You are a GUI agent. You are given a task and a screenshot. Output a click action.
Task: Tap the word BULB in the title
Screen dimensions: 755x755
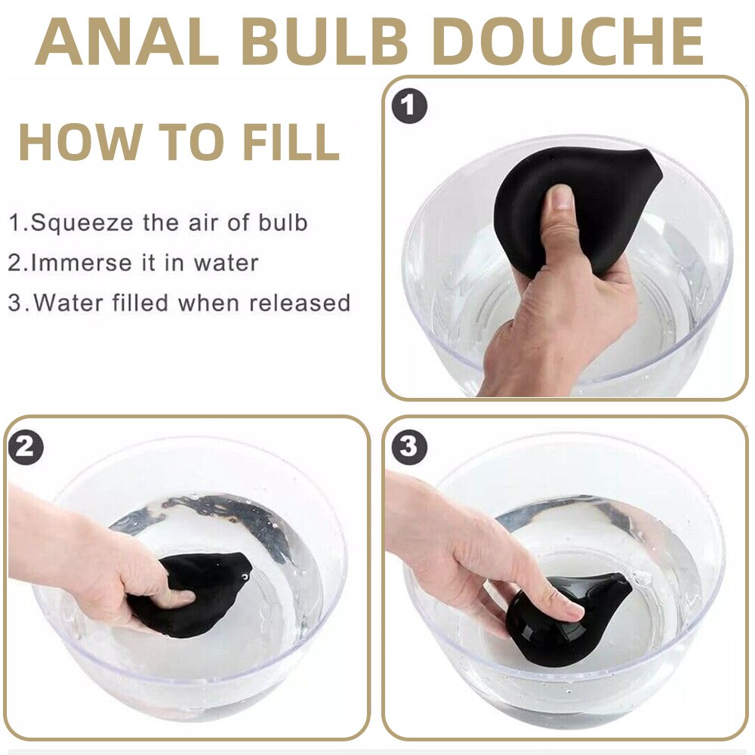pyautogui.click(x=325, y=42)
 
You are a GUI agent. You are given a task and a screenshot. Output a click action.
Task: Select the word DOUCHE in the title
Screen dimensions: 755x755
pyautogui.click(x=569, y=42)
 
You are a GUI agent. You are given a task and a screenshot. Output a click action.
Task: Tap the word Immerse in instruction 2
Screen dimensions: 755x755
pyautogui.click(x=81, y=263)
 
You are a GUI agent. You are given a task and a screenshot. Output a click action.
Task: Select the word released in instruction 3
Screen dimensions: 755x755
pyautogui.click(x=300, y=303)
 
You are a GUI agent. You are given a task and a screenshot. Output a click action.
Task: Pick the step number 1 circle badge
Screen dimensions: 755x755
pyautogui.click(x=408, y=106)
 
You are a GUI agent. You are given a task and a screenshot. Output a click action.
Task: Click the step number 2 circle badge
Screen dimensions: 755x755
pyautogui.click(x=26, y=447)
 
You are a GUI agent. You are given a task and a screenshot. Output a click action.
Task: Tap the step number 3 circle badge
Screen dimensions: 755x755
pyautogui.click(x=408, y=446)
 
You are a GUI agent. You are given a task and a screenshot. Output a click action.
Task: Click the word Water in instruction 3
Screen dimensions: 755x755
pyautogui.click(x=68, y=303)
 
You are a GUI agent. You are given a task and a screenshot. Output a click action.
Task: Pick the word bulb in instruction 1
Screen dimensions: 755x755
pyautogui.click(x=282, y=223)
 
